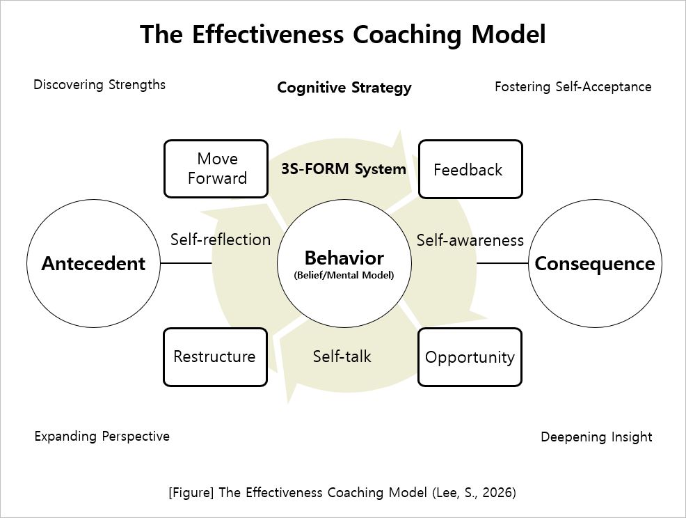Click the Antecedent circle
[93, 263]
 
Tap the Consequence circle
[594, 264]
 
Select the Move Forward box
[216, 168]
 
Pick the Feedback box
[470, 169]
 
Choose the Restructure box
[215, 356]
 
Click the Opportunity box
[470, 357]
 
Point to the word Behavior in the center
[344, 258]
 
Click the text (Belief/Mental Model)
[344, 275]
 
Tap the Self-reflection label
[220, 240]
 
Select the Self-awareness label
[470, 240]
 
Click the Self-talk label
[342, 356]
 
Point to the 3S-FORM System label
[344, 168]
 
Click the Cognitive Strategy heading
[344, 88]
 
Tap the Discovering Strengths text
[99, 85]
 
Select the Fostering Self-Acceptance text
[573, 87]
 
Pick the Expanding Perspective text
[102, 437]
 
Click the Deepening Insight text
[596, 437]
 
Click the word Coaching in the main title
[401, 34]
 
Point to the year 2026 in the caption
[496, 492]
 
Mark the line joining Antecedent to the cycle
[186, 263]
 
